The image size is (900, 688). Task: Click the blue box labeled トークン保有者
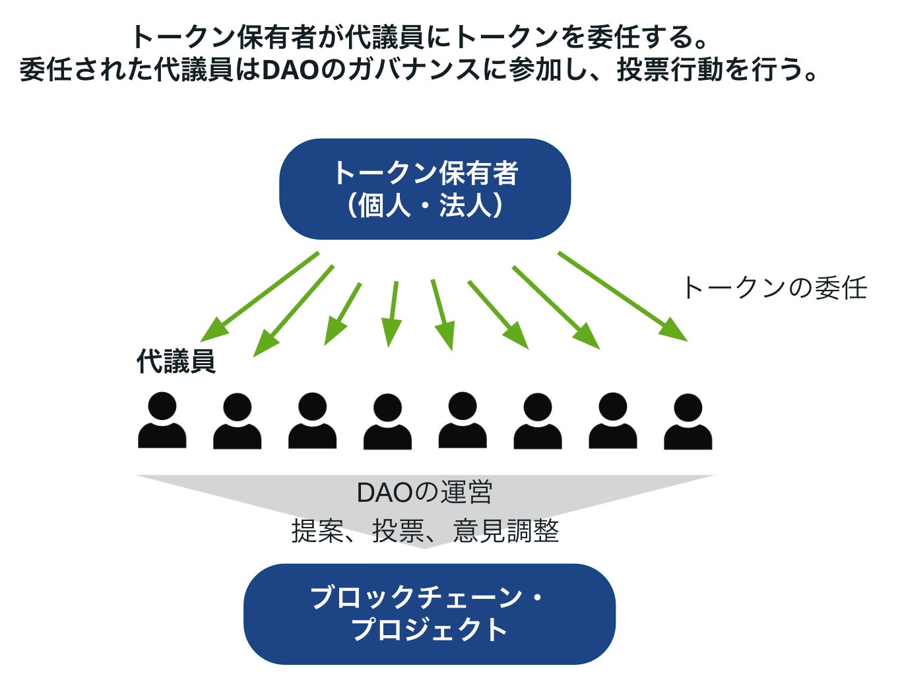coord(425,189)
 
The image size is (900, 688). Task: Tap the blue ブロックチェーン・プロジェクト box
coord(430,614)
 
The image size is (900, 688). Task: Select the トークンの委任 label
coord(775,288)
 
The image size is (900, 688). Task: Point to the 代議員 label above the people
coord(176,361)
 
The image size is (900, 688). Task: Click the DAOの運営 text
coord(424,492)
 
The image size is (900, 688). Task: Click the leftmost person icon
coord(162,420)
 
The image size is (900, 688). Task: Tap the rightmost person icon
coord(688,421)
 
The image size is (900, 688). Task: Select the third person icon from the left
coord(313,421)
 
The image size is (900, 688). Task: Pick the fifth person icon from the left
coord(463,420)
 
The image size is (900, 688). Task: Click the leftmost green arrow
coord(259,296)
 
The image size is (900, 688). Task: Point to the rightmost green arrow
coord(622,296)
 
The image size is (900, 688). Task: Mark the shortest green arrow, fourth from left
coord(392,314)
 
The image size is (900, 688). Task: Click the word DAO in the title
coord(291,70)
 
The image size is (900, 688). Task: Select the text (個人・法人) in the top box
coord(425,205)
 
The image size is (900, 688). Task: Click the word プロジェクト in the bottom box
coord(430,630)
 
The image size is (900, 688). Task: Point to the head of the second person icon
coord(237,407)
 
